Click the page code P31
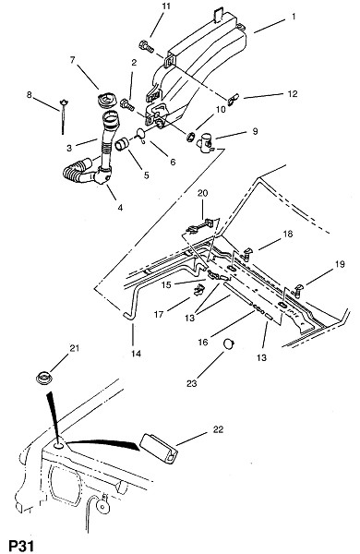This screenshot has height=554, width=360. click(x=21, y=546)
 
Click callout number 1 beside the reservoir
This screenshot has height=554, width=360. click(x=294, y=17)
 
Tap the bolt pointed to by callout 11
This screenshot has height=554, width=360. click(x=146, y=47)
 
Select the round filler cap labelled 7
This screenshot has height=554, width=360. click(x=103, y=100)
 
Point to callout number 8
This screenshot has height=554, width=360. click(x=29, y=95)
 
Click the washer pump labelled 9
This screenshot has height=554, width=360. click(x=206, y=142)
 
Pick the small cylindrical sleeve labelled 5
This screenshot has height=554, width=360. click(x=123, y=144)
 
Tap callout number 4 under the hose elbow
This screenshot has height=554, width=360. click(x=120, y=208)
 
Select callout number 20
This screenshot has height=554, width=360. click(x=203, y=193)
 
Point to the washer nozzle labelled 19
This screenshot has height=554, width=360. click(x=297, y=290)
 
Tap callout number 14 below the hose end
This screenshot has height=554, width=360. click(x=137, y=353)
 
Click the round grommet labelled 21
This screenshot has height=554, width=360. click(x=44, y=378)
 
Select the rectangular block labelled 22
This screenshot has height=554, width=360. click(x=159, y=448)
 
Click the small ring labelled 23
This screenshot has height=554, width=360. click(x=229, y=343)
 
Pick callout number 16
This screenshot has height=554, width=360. click(x=203, y=342)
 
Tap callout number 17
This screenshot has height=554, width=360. click(x=159, y=314)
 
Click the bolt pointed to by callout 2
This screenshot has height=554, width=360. click(x=127, y=103)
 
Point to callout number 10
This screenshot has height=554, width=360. click(x=221, y=109)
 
